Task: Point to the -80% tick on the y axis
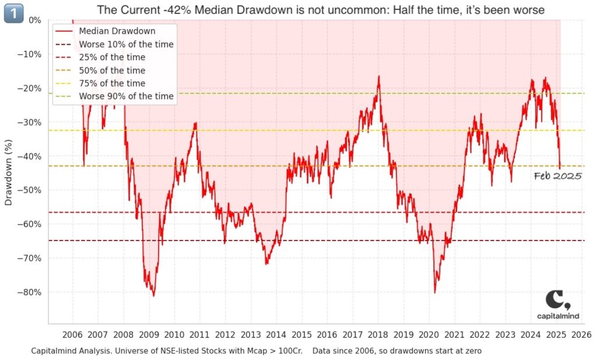click(x=29, y=292)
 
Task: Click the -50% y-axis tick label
click(x=29, y=190)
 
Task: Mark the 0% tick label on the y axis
click(x=34, y=20)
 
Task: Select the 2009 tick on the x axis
click(x=149, y=335)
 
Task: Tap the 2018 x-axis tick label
click(x=378, y=335)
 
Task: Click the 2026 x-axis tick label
click(x=581, y=335)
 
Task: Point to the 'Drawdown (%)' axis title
click(x=9, y=172)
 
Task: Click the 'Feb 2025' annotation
click(x=557, y=176)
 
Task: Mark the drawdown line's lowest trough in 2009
click(x=154, y=296)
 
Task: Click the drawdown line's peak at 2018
click(x=378, y=76)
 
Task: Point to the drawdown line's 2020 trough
click(x=435, y=292)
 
